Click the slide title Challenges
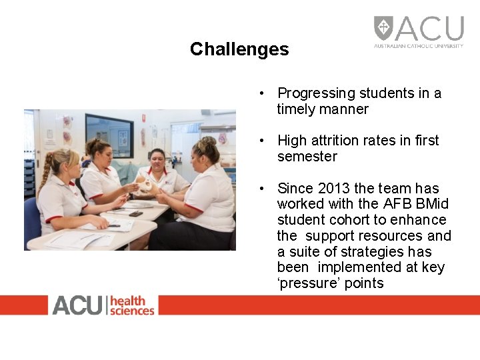point(239,49)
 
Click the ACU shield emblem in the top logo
point(383,28)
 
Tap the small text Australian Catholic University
point(418,46)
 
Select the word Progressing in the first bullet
point(317,93)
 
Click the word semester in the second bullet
point(307,157)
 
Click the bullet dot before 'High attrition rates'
point(264,141)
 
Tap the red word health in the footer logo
point(127,300)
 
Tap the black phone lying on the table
point(135,214)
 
